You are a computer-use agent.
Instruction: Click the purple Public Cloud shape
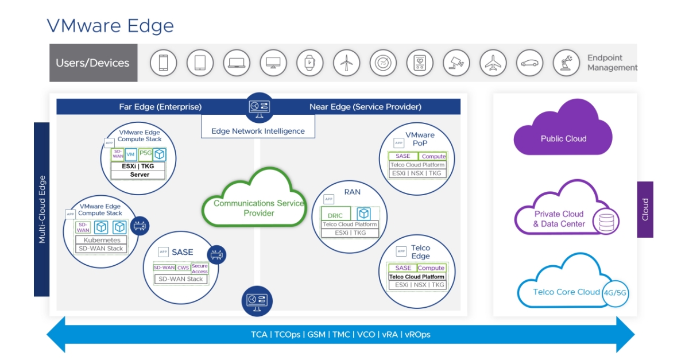coord(563,133)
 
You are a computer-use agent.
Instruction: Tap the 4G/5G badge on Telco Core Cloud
coord(615,292)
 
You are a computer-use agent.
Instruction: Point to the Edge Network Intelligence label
coord(258,131)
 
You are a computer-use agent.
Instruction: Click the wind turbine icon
coord(346,63)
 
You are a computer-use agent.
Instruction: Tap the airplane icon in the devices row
coord(493,63)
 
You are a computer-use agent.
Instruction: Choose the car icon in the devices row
coord(529,63)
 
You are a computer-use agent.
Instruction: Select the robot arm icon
coord(566,63)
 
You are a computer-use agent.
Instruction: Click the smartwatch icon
coord(310,63)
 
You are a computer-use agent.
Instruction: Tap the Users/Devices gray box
coord(93,63)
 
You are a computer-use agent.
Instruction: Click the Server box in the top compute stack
coord(139,175)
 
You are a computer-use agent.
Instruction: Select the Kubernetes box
coord(102,240)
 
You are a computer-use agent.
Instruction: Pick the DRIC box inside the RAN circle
coord(335,216)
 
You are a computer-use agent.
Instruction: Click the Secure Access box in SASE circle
coord(200,268)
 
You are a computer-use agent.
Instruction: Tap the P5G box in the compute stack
coord(145,154)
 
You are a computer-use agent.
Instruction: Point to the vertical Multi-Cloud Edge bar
coord(41,209)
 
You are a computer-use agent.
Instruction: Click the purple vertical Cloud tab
coord(645,209)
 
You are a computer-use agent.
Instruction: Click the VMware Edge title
coord(110,25)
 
